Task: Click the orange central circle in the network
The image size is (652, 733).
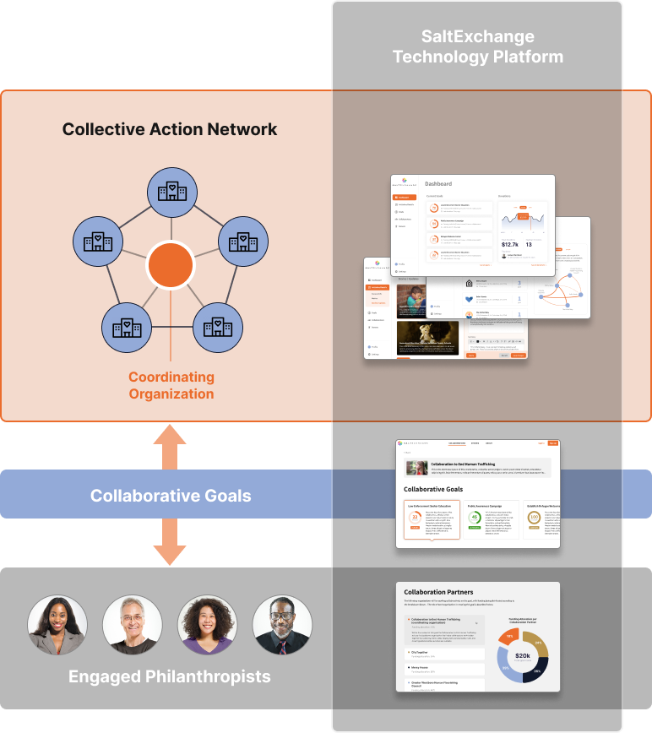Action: (x=171, y=264)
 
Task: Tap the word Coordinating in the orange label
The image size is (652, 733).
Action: (x=171, y=377)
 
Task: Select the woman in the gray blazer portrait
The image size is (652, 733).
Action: (x=57, y=626)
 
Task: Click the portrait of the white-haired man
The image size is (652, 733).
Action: (x=133, y=626)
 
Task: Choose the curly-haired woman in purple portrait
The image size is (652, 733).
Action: (x=207, y=626)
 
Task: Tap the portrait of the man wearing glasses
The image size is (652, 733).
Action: (x=282, y=626)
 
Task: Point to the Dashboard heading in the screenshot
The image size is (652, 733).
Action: (x=438, y=183)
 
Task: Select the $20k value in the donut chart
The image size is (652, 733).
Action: (x=523, y=655)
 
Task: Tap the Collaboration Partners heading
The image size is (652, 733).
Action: (x=438, y=592)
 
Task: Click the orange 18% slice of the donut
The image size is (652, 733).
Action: (x=510, y=634)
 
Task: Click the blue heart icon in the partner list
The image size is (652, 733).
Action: (x=470, y=298)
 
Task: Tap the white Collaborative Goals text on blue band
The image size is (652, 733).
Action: (x=171, y=496)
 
